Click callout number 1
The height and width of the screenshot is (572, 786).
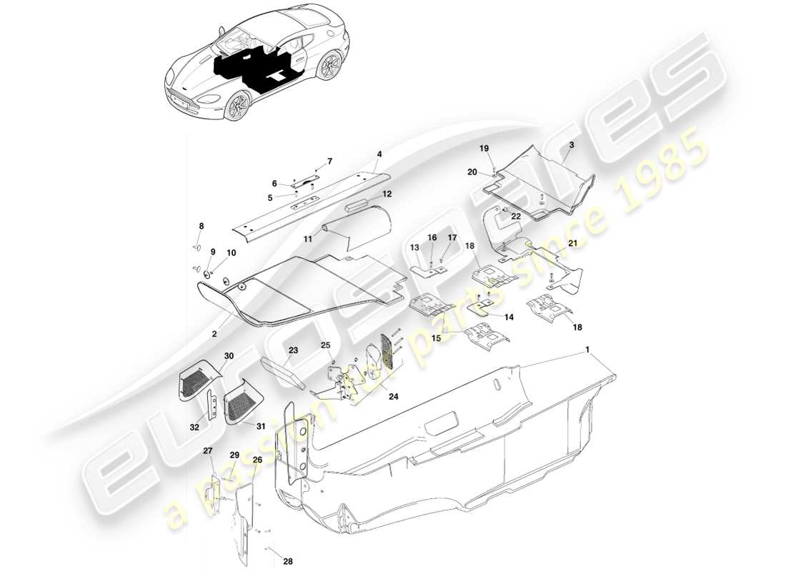pyautogui.click(x=588, y=350)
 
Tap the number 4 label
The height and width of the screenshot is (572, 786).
pyautogui.click(x=379, y=154)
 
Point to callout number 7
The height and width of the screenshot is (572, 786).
pyautogui.click(x=329, y=161)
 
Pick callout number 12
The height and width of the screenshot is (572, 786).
pyautogui.click(x=387, y=194)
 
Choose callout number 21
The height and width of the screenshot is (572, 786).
pyautogui.click(x=572, y=244)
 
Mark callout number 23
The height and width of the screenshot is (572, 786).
pyautogui.click(x=294, y=350)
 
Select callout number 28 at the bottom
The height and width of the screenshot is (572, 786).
pyautogui.click(x=287, y=561)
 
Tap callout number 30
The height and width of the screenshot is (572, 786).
pyautogui.click(x=229, y=356)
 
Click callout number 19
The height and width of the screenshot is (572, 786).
pyautogui.click(x=484, y=148)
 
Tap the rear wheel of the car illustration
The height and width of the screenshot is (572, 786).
pyautogui.click(x=329, y=68)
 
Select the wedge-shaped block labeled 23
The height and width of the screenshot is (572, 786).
pyautogui.click(x=284, y=371)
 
